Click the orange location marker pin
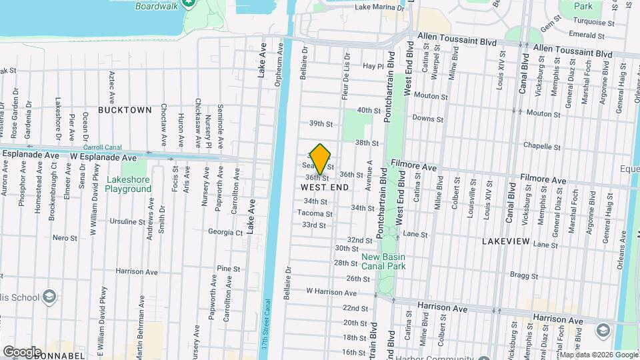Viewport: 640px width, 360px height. [321, 159]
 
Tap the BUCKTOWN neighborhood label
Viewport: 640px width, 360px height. [125, 109]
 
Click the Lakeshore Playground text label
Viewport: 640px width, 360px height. [129, 184]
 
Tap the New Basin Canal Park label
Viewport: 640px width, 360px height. [383, 261]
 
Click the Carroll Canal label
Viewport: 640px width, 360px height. [101, 148]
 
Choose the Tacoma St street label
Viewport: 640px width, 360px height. [315, 213]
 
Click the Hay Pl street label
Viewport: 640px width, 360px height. [373, 66]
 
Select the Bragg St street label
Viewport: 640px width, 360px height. [524, 275]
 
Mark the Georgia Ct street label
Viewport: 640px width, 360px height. [225, 233]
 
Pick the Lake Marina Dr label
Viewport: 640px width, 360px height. [379, 8]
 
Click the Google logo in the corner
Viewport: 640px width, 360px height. [22, 351]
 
